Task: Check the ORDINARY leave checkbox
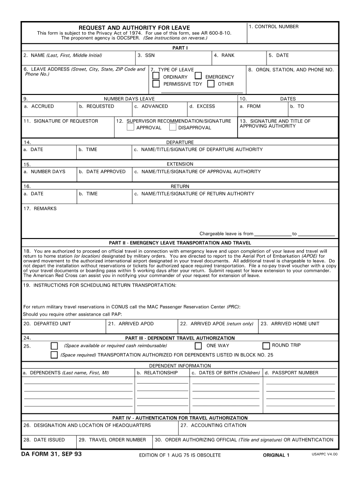point(156,76)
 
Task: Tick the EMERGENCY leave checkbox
point(198,76)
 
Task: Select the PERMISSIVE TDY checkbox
point(156,84)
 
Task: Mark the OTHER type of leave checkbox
point(211,84)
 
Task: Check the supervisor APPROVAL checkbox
point(130,127)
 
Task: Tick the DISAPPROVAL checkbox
point(173,127)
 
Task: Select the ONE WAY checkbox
point(198,346)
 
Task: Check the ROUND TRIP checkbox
point(266,346)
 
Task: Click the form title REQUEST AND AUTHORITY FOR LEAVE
point(134,28)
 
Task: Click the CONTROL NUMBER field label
point(274,27)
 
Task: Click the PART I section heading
point(180,48)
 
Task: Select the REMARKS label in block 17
point(40,208)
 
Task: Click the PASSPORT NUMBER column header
point(292,373)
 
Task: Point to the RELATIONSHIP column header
point(157,373)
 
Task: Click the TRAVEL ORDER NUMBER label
point(112,440)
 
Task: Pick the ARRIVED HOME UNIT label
point(290,324)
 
